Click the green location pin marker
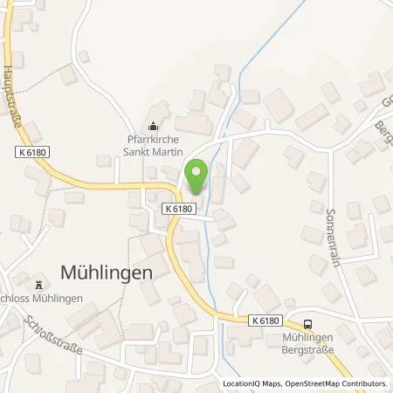[x=196, y=176]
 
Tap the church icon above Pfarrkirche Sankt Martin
[x=155, y=125]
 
